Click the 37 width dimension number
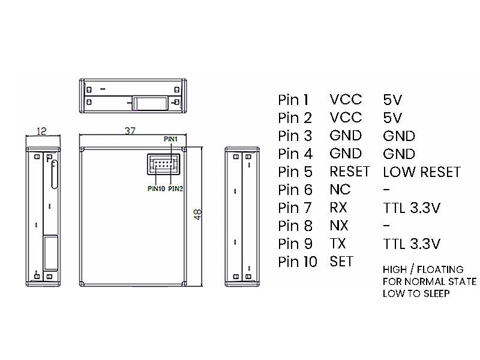pos(130,131)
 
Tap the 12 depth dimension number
pos(41,131)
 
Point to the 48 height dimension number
pos(198,214)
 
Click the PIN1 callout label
pos(170,139)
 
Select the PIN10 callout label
pos(156,188)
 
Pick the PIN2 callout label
pos(175,188)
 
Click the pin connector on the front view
pos(163,164)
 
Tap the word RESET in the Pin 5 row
pos(350,172)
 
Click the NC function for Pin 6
pos(340,190)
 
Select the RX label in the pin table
pos(338,208)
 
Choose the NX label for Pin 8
pos(339,226)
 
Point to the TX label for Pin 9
pos(338,244)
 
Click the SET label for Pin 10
pos(341,262)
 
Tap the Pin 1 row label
pos(293,100)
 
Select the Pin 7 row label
pos(295,208)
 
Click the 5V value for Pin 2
pos(392,118)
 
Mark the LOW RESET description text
pos(422,172)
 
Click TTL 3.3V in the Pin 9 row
pos(412,244)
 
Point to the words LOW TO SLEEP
pos(416,293)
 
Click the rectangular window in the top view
pos(150,103)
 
